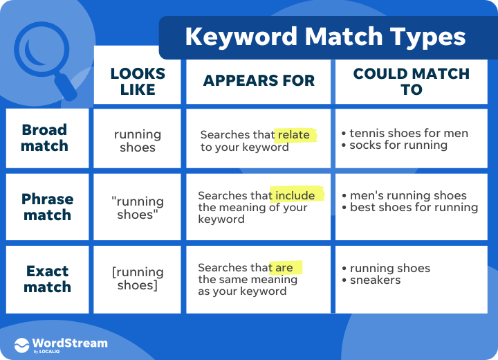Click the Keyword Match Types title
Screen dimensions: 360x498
point(325,37)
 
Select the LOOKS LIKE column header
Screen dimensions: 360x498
point(138,81)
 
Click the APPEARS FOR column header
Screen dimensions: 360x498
point(259,81)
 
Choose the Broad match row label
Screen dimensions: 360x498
point(45,138)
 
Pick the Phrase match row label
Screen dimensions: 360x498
point(47,207)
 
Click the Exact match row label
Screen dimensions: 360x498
point(47,278)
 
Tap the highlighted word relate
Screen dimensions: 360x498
point(294,135)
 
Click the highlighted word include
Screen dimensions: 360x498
point(295,196)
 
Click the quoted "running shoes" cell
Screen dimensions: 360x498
point(138,207)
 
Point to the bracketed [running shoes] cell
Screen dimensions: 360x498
point(138,278)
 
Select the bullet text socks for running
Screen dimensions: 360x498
point(398,145)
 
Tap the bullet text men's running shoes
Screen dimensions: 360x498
point(408,195)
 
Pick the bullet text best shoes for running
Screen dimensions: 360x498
point(414,208)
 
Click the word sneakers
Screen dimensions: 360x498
point(375,280)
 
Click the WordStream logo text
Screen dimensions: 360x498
point(70,343)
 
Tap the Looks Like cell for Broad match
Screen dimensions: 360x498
point(138,141)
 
